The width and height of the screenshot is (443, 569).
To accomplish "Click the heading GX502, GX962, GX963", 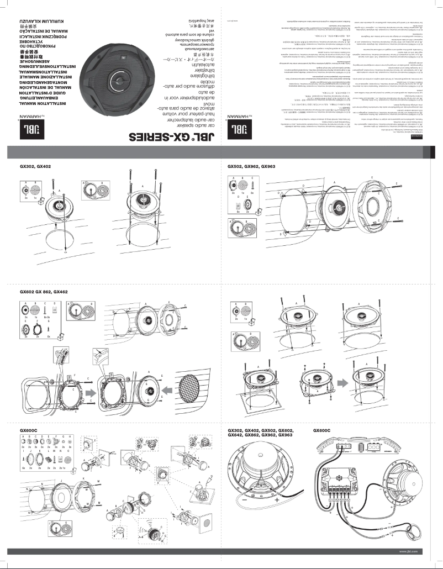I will pos(252,166).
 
